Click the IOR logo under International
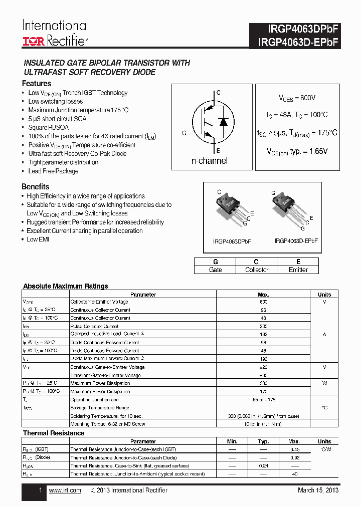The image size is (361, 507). point(34,42)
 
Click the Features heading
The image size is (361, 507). point(37,84)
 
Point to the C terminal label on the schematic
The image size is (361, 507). point(218,93)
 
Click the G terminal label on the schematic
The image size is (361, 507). point(184,133)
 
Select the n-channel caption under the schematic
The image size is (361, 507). point(210,161)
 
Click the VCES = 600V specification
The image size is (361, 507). point(297,98)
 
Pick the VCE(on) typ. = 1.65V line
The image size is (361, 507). point(297,151)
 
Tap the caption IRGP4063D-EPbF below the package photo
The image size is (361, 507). point(296,241)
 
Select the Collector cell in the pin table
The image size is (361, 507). point(256,270)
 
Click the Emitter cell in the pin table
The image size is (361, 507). point(298,270)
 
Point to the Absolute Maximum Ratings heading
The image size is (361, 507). point(66,286)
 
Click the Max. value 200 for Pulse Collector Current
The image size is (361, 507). point(263,326)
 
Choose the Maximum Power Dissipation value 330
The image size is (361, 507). point(263,383)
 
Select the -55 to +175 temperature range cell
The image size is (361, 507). point(263,400)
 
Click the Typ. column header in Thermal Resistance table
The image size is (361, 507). point(263,441)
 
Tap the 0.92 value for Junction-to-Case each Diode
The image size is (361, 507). point(294,457)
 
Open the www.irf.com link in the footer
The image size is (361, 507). point(65,490)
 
